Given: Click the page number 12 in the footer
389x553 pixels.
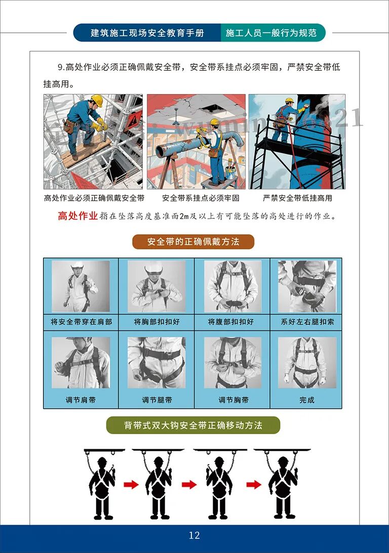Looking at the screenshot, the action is click(x=194, y=535).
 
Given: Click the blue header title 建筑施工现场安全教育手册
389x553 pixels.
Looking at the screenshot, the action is click(x=147, y=33).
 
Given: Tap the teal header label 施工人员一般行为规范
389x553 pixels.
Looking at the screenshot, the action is click(x=271, y=33).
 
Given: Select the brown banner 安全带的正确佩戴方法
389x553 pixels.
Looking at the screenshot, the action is click(x=193, y=241).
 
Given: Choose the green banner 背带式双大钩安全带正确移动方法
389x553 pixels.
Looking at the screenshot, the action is click(x=193, y=426).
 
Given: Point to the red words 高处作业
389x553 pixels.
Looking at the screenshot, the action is click(x=77, y=216).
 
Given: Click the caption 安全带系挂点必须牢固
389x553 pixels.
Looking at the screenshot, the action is click(x=201, y=198).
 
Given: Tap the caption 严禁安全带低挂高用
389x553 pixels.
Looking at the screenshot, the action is click(x=297, y=198).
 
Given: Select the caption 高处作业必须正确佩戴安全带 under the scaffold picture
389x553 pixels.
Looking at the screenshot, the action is click(x=94, y=198).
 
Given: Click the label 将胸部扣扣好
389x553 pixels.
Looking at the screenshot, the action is click(x=157, y=322).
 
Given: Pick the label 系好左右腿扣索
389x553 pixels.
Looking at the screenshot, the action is click(x=307, y=322).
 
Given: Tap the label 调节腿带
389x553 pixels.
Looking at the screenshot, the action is click(x=157, y=400).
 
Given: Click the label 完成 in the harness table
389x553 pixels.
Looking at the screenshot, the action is click(x=306, y=400).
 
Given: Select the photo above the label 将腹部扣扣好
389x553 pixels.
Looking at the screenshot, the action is click(x=232, y=286).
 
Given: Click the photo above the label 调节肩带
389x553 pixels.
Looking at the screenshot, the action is click(x=81, y=363).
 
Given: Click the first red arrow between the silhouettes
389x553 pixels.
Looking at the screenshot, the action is click(x=131, y=485).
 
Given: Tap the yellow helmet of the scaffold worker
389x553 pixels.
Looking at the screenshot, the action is click(x=96, y=100).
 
